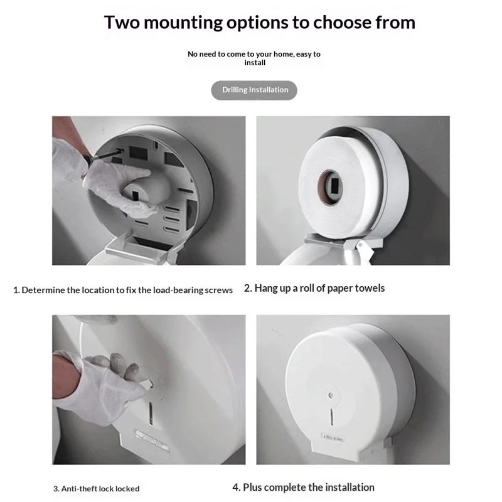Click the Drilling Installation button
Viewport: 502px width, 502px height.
click(254, 90)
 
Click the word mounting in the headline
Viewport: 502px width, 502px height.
click(183, 23)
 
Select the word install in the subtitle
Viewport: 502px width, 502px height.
click(255, 63)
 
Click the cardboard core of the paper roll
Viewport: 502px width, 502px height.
click(330, 187)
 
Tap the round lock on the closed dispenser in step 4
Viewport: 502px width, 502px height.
click(331, 395)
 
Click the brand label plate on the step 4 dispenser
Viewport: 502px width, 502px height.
click(333, 437)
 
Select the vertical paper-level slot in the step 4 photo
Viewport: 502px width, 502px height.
click(332, 417)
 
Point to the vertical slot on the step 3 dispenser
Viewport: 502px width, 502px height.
click(151, 414)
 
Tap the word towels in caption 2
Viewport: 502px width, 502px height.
click(370, 288)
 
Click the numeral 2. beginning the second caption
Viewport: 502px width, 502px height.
click(248, 288)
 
